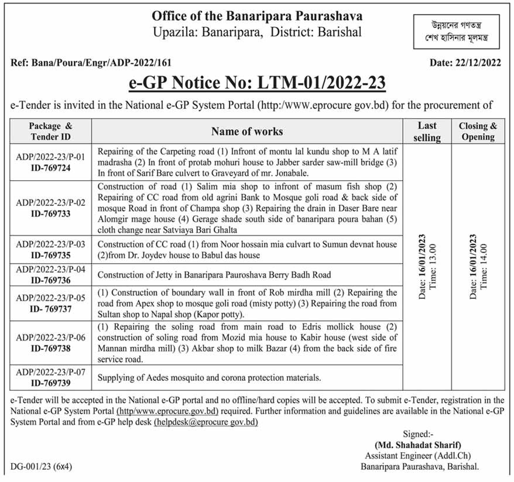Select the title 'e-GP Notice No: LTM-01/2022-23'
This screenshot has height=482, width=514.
257,84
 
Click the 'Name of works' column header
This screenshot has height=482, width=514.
246,131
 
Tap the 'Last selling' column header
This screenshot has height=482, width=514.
427,131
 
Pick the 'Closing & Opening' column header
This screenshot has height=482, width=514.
478,131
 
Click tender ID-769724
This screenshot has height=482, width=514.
50,167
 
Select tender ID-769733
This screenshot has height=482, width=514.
50,214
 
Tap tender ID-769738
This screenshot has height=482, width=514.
50,347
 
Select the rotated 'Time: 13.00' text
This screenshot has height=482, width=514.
434,267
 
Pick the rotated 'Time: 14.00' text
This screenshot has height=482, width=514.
484,267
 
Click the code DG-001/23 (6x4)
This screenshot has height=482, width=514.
42,467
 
